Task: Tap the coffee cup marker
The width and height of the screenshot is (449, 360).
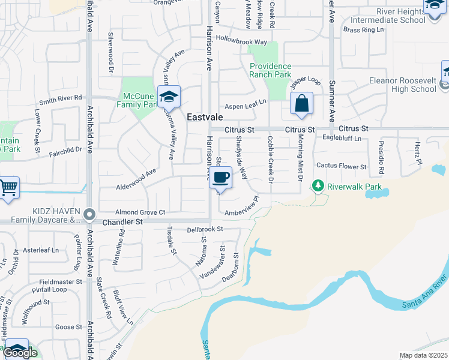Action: point(220,178)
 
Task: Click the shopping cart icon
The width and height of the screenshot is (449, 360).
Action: point(8,187)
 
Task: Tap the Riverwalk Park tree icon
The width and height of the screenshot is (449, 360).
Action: point(318,186)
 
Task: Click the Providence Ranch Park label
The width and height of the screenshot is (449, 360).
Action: point(270,71)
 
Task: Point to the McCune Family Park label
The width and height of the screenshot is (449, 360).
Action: point(140,100)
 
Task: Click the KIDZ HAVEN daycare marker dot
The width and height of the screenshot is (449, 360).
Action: point(89,214)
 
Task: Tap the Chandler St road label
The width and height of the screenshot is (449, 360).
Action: point(124,222)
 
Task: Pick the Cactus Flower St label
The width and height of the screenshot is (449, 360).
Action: point(341,166)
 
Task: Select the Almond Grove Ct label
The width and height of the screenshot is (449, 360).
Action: point(140,212)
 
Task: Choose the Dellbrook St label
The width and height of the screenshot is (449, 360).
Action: point(205,229)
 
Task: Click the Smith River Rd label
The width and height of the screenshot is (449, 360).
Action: point(61,98)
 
